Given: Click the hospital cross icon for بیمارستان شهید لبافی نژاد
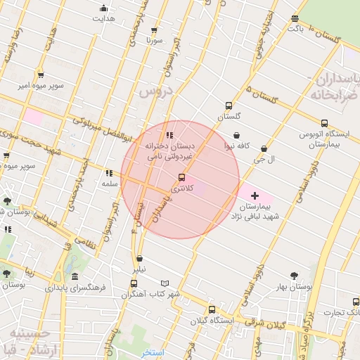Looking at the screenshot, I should (255, 195).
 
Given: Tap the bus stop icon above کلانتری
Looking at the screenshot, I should (182, 177).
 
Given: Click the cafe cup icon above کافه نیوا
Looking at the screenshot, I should (236, 136).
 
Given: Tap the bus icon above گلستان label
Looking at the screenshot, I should (228, 105).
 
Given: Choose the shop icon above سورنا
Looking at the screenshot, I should (157, 30).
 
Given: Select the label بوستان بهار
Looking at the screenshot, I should (295, 287).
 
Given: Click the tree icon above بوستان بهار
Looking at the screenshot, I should (295, 276).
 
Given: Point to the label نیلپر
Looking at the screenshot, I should (141, 269).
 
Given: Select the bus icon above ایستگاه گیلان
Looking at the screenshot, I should (212, 309).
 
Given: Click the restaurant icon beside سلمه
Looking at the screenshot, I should (108, 173).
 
